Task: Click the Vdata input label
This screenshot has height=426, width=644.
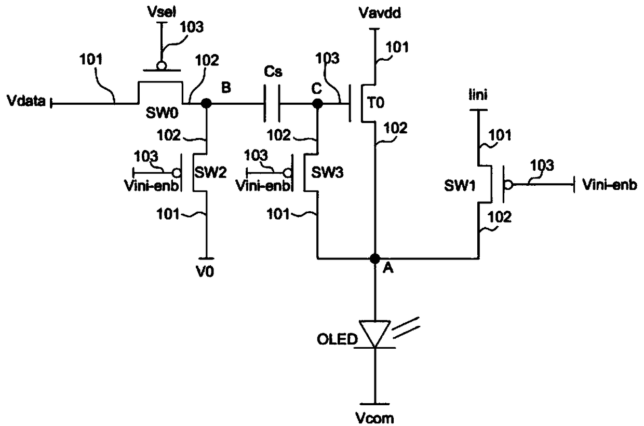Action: (x=26, y=101)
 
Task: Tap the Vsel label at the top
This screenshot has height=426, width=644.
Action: (x=162, y=12)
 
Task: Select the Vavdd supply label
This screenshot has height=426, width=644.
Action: (x=380, y=13)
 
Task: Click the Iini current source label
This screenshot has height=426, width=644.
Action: (x=478, y=94)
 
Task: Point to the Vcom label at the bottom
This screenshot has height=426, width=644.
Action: (x=374, y=418)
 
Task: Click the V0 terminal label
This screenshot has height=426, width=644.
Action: (x=205, y=271)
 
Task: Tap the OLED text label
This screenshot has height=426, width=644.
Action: (x=337, y=339)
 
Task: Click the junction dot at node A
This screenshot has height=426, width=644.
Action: (x=374, y=258)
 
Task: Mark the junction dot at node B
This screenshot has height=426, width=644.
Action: (x=206, y=103)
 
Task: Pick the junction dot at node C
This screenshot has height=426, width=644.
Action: (x=317, y=103)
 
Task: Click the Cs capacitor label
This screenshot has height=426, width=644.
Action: (x=273, y=72)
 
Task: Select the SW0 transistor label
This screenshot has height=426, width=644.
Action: (x=162, y=113)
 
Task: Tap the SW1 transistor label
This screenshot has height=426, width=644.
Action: (x=460, y=186)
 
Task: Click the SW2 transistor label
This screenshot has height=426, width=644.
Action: (x=210, y=173)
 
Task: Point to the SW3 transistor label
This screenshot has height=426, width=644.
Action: (x=328, y=173)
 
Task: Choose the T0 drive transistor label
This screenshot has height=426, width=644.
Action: (x=376, y=103)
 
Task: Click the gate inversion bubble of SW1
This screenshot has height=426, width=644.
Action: (x=508, y=185)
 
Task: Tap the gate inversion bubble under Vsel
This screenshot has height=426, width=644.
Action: (x=162, y=66)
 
